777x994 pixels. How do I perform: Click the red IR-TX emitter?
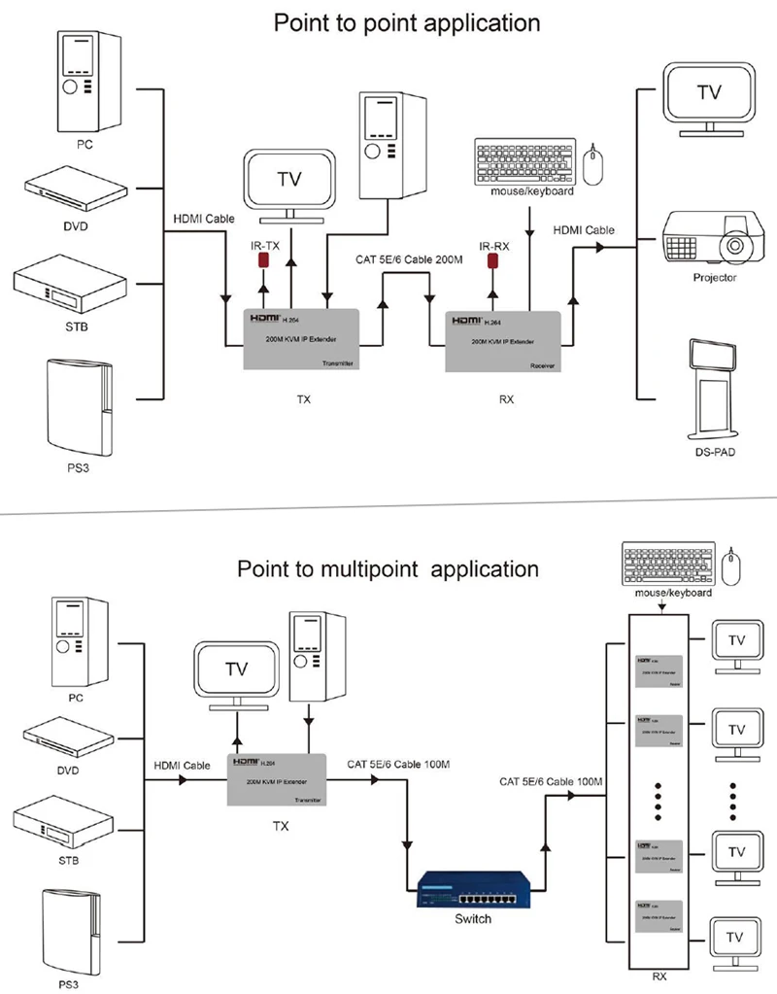262,261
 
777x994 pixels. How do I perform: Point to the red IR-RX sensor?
493,262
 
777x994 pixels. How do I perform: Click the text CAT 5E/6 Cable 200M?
409,258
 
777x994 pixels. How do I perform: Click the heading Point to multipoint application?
388,568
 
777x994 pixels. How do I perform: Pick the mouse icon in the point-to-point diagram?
594,163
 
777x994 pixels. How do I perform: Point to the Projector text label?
715,278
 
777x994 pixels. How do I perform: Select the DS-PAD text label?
715,453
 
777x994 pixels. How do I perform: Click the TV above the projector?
710,97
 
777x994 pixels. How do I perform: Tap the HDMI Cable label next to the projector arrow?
584,230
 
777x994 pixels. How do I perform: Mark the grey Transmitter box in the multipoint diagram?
276,779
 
